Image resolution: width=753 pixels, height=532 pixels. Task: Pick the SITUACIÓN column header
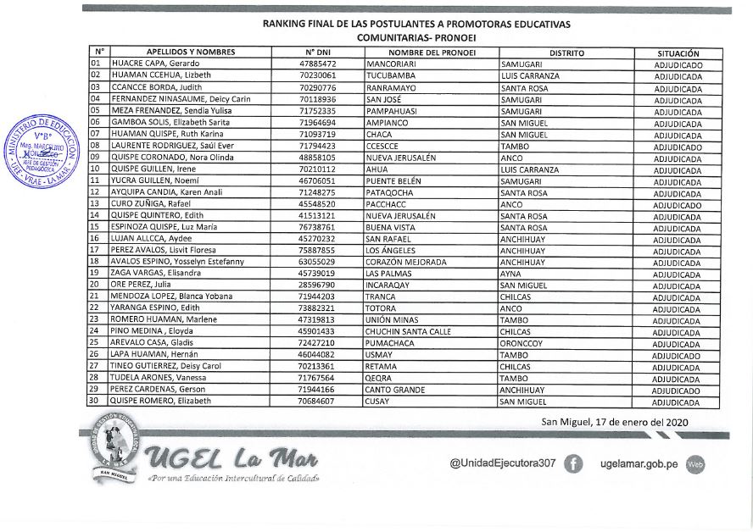(678, 53)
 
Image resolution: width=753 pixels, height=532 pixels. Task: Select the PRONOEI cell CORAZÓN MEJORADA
(406, 262)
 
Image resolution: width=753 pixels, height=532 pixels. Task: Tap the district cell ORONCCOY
(522, 343)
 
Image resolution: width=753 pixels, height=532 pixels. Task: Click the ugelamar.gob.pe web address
(639, 463)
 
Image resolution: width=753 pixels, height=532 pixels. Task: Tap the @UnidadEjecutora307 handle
(502, 463)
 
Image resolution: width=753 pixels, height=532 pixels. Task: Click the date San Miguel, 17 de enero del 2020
(615, 421)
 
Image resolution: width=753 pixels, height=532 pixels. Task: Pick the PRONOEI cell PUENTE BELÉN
(395, 180)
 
